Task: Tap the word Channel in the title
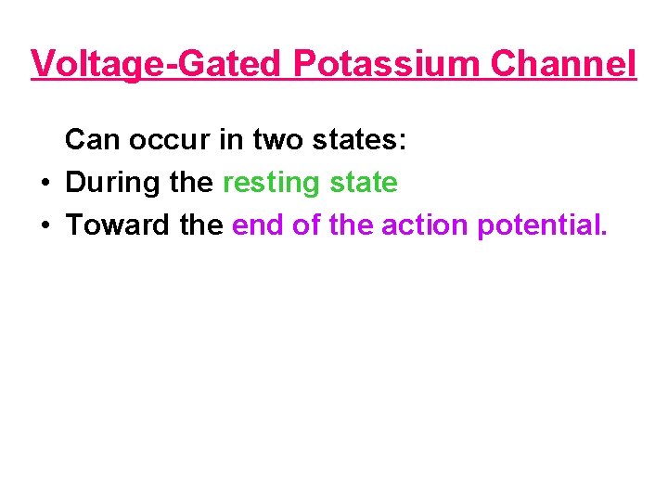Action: point(563,64)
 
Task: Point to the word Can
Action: point(93,140)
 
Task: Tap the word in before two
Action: point(228,140)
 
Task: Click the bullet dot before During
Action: point(45,183)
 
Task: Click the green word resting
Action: point(272,183)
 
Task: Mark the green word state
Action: point(364,183)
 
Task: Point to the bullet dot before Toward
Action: point(45,225)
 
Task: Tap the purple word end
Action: point(258,225)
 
